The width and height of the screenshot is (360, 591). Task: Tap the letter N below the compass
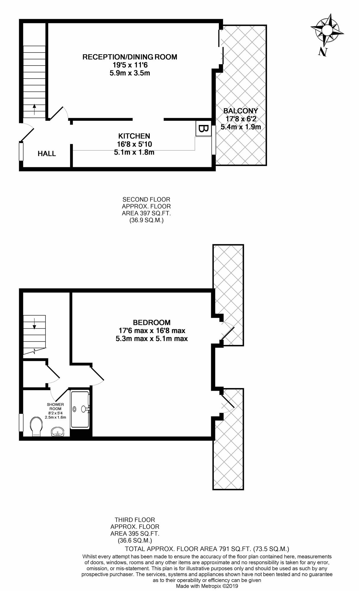[323, 52]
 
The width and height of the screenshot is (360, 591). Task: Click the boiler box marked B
[203, 129]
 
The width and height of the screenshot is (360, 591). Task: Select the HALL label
[47, 154]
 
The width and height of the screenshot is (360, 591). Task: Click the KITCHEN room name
[134, 136]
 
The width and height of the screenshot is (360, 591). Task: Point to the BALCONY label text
[241, 111]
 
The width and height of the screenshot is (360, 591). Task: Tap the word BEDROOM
[152, 323]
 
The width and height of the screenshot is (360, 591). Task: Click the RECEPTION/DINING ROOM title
[130, 57]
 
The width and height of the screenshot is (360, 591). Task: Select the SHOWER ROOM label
[55, 407]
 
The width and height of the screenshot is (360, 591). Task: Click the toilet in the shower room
[36, 426]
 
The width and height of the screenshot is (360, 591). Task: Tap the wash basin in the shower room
[57, 432]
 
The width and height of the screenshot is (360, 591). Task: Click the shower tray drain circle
[74, 409]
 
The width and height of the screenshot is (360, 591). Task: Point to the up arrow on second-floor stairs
[35, 109]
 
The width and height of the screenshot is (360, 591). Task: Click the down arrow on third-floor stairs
[35, 324]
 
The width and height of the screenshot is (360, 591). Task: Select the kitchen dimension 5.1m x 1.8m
[134, 153]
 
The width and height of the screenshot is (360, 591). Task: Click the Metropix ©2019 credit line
[207, 586]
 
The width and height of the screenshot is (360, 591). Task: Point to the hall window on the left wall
[21, 152]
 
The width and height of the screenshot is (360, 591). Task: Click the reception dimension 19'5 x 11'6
[130, 65]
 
